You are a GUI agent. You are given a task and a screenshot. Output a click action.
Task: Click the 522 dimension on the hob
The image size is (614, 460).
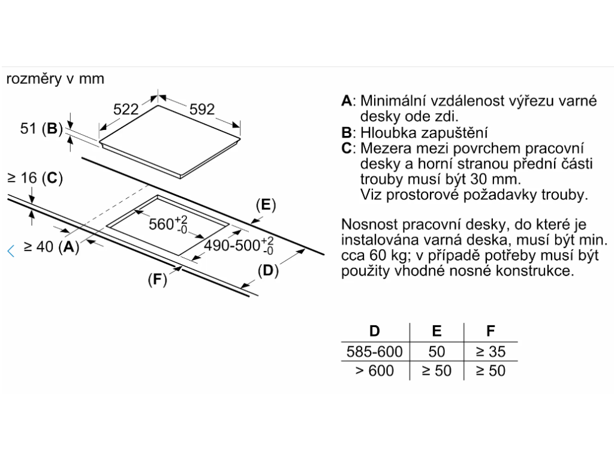(126, 109)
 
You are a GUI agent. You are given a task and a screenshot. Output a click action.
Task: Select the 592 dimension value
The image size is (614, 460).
(202, 109)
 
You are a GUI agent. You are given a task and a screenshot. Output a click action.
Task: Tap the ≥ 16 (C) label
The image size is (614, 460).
(34, 178)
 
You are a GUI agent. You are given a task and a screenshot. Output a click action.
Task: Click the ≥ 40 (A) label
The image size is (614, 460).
(51, 246)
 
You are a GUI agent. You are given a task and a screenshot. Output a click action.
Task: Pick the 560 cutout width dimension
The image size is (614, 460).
(168, 224)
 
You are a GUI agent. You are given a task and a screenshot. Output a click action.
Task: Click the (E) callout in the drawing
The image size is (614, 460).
(264, 205)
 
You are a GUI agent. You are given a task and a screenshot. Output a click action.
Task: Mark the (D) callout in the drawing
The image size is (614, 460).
(268, 271)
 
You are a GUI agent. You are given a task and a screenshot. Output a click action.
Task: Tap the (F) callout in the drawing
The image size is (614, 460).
(156, 280)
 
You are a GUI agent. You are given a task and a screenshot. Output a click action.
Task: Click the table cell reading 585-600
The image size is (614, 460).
(374, 351)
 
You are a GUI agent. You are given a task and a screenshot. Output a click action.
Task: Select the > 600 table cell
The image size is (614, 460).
(374, 371)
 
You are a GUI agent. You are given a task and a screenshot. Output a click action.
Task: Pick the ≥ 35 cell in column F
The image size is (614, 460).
(490, 351)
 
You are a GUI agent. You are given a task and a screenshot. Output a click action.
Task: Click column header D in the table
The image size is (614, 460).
(374, 331)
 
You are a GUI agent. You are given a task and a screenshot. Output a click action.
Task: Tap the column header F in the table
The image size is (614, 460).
(490, 331)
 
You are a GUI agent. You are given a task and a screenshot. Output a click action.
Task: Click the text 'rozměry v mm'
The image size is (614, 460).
(55, 78)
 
